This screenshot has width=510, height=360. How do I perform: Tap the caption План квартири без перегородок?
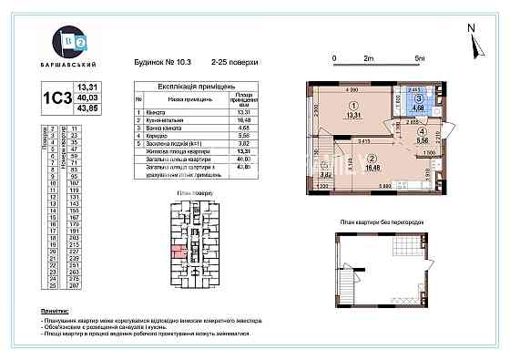click(x=378, y=221)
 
